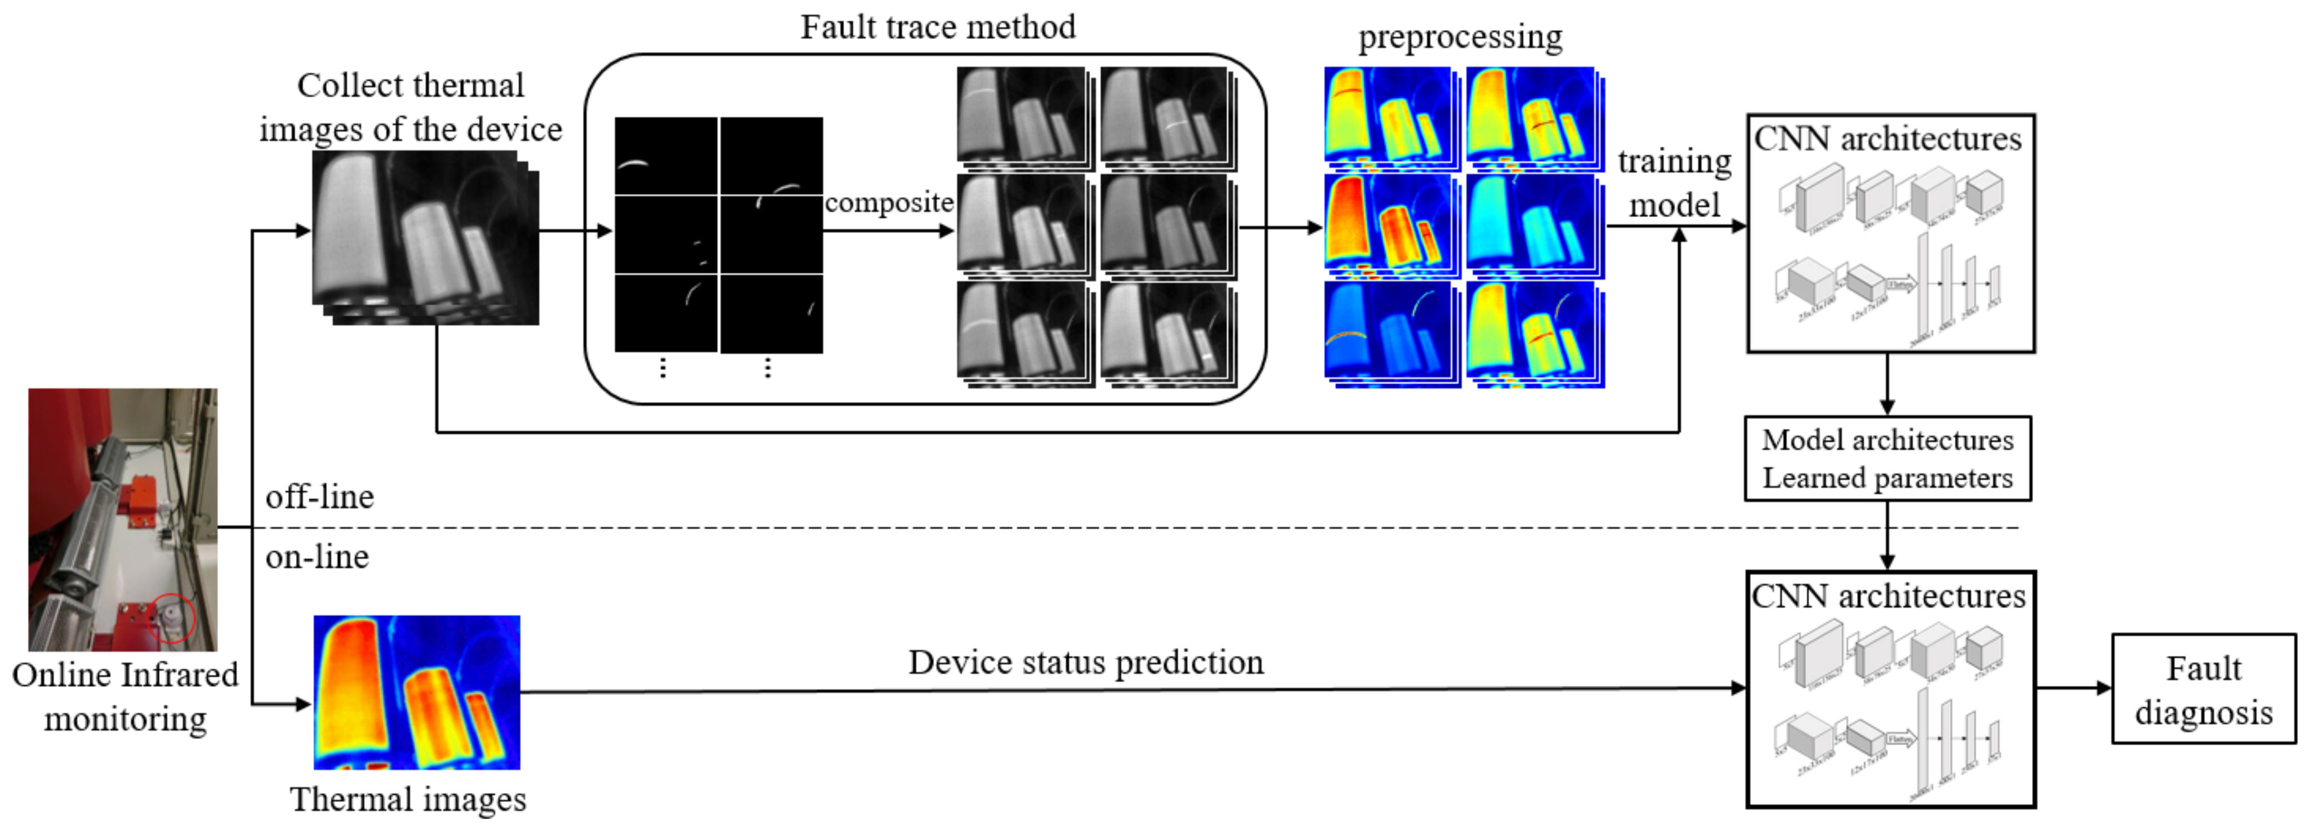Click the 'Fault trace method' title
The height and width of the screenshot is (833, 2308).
pos(937,27)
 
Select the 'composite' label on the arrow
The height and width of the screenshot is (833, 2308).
pos(888,203)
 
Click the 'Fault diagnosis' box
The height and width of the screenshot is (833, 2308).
pos(2202,690)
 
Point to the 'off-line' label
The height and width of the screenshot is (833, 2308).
pos(319,496)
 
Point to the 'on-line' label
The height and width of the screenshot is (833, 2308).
pos(317,557)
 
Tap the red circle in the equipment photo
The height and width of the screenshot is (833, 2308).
pos(171,618)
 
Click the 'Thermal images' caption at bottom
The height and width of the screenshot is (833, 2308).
pos(408,799)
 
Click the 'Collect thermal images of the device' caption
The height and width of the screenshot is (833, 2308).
pos(410,108)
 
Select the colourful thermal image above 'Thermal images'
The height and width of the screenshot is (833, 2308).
pos(417,691)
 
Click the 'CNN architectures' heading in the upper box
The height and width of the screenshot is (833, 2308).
pos(1887,139)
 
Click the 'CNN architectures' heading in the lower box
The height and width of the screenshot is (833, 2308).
pos(1887,596)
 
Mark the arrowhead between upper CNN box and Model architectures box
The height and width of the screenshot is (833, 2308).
pos(1887,408)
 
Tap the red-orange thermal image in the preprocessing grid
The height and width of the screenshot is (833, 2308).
pos(1389,222)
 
